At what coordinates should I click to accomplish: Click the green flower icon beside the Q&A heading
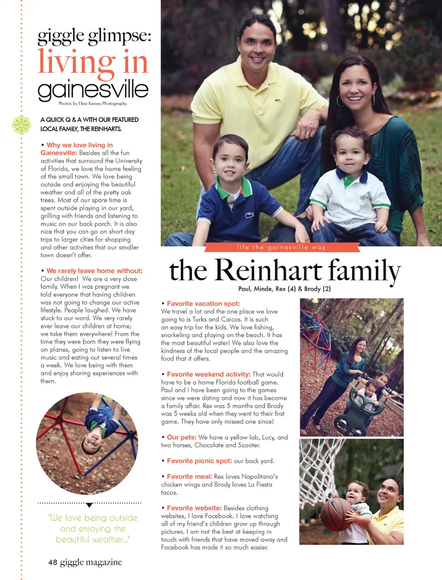pos(21,125)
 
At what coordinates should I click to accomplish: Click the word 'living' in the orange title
pos(76,63)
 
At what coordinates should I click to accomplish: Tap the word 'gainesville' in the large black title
pos(93,90)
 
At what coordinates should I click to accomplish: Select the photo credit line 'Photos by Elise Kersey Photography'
pos(93,104)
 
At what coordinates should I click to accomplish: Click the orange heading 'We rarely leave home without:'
pos(94,271)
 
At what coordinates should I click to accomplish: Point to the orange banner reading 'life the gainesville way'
pos(281,247)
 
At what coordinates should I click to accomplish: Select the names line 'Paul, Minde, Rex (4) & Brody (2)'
pos(285,289)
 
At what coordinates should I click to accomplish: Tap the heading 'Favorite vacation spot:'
pos(203,303)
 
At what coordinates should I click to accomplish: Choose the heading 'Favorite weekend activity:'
pos(209,374)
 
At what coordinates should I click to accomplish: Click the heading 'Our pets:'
pos(181,437)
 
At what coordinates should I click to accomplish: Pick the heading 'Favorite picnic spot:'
pos(199,461)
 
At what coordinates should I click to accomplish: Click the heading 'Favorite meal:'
pos(189,476)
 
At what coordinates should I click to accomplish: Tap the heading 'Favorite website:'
pos(194,508)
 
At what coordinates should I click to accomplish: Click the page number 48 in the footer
pos(53,562)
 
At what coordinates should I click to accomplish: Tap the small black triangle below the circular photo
pos(89,505)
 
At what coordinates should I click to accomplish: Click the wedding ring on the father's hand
pos(307,134)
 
